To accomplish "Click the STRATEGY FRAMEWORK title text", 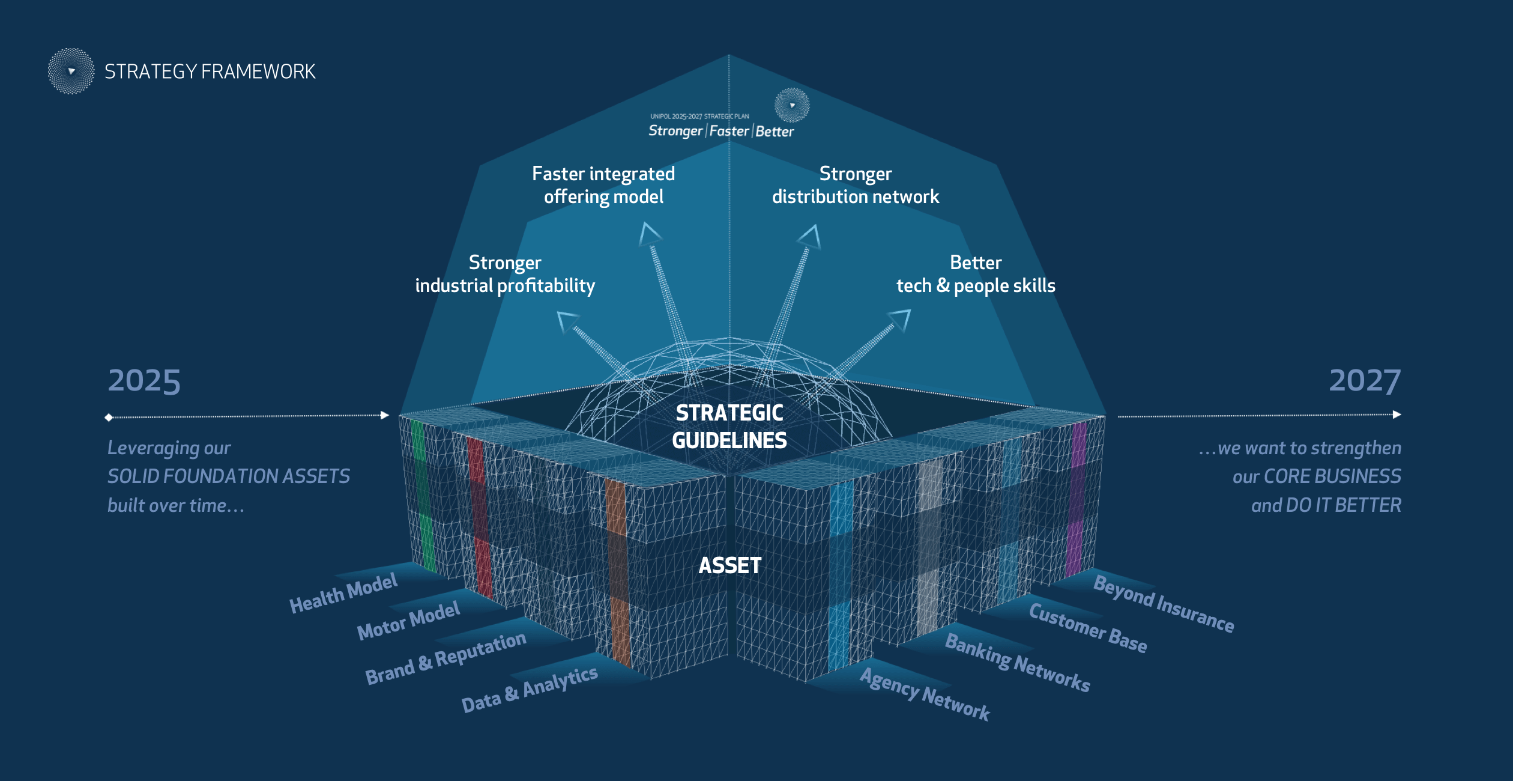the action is click(210, 71).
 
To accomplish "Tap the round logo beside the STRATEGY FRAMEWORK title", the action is click(71, 71).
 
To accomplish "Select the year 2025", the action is click(144, 381).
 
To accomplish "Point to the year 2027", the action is click(1365, 381).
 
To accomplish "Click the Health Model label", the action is click(343, 593).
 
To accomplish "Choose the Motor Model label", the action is click(408, 621).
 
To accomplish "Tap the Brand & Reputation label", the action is click(445, 658).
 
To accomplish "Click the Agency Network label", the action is click(925, 694).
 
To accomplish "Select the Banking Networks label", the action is click(1018, 663).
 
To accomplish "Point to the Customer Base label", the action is click(1088, 628).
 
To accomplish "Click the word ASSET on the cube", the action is click(730, 565).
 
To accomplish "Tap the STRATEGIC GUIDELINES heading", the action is click(729, 427).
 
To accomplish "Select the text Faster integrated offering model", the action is click(603, 185).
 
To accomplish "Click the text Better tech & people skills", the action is click(976, 274).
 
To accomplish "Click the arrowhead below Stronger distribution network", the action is click(810, 236).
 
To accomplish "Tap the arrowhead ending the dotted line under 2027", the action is click(1397, 415).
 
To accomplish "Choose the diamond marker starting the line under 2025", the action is click(109, 418).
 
